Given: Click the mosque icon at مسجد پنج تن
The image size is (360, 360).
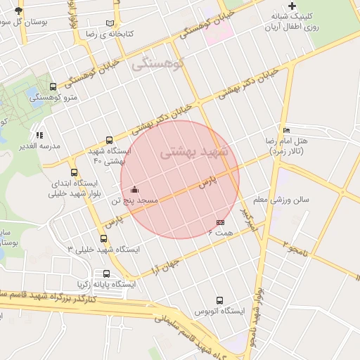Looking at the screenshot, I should [134, 189].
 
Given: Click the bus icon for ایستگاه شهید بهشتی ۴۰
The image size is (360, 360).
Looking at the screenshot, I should [109, 140].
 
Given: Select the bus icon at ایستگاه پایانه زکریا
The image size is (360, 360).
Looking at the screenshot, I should [106, 274].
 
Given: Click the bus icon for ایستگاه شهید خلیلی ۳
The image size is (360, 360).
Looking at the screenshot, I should [104, 238].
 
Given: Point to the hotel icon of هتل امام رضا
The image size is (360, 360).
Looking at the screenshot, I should [285, 130].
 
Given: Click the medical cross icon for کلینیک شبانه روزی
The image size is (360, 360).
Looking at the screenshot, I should [292, 6].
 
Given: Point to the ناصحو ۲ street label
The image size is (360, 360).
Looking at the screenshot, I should [296, 247].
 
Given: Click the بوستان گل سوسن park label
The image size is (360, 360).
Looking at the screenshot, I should [20, 22].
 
